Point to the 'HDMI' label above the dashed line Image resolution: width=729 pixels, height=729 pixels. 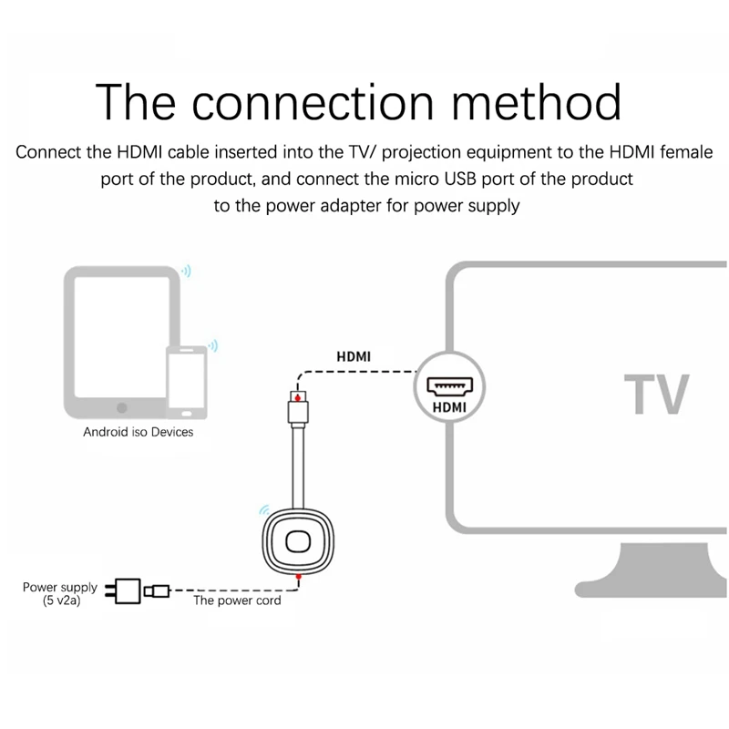(x=354, y=357)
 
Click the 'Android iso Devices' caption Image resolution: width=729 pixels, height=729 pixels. (x=139, y=431)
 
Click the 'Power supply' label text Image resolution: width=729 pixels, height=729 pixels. (x=60, y=588)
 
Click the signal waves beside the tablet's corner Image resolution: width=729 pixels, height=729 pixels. (x=186, y=271)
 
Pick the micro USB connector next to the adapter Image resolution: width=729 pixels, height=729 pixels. (x=158, y=592)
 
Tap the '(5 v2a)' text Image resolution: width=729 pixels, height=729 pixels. (x=60, y=602)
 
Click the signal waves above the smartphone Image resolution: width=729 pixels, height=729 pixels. (x=213, y=345)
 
